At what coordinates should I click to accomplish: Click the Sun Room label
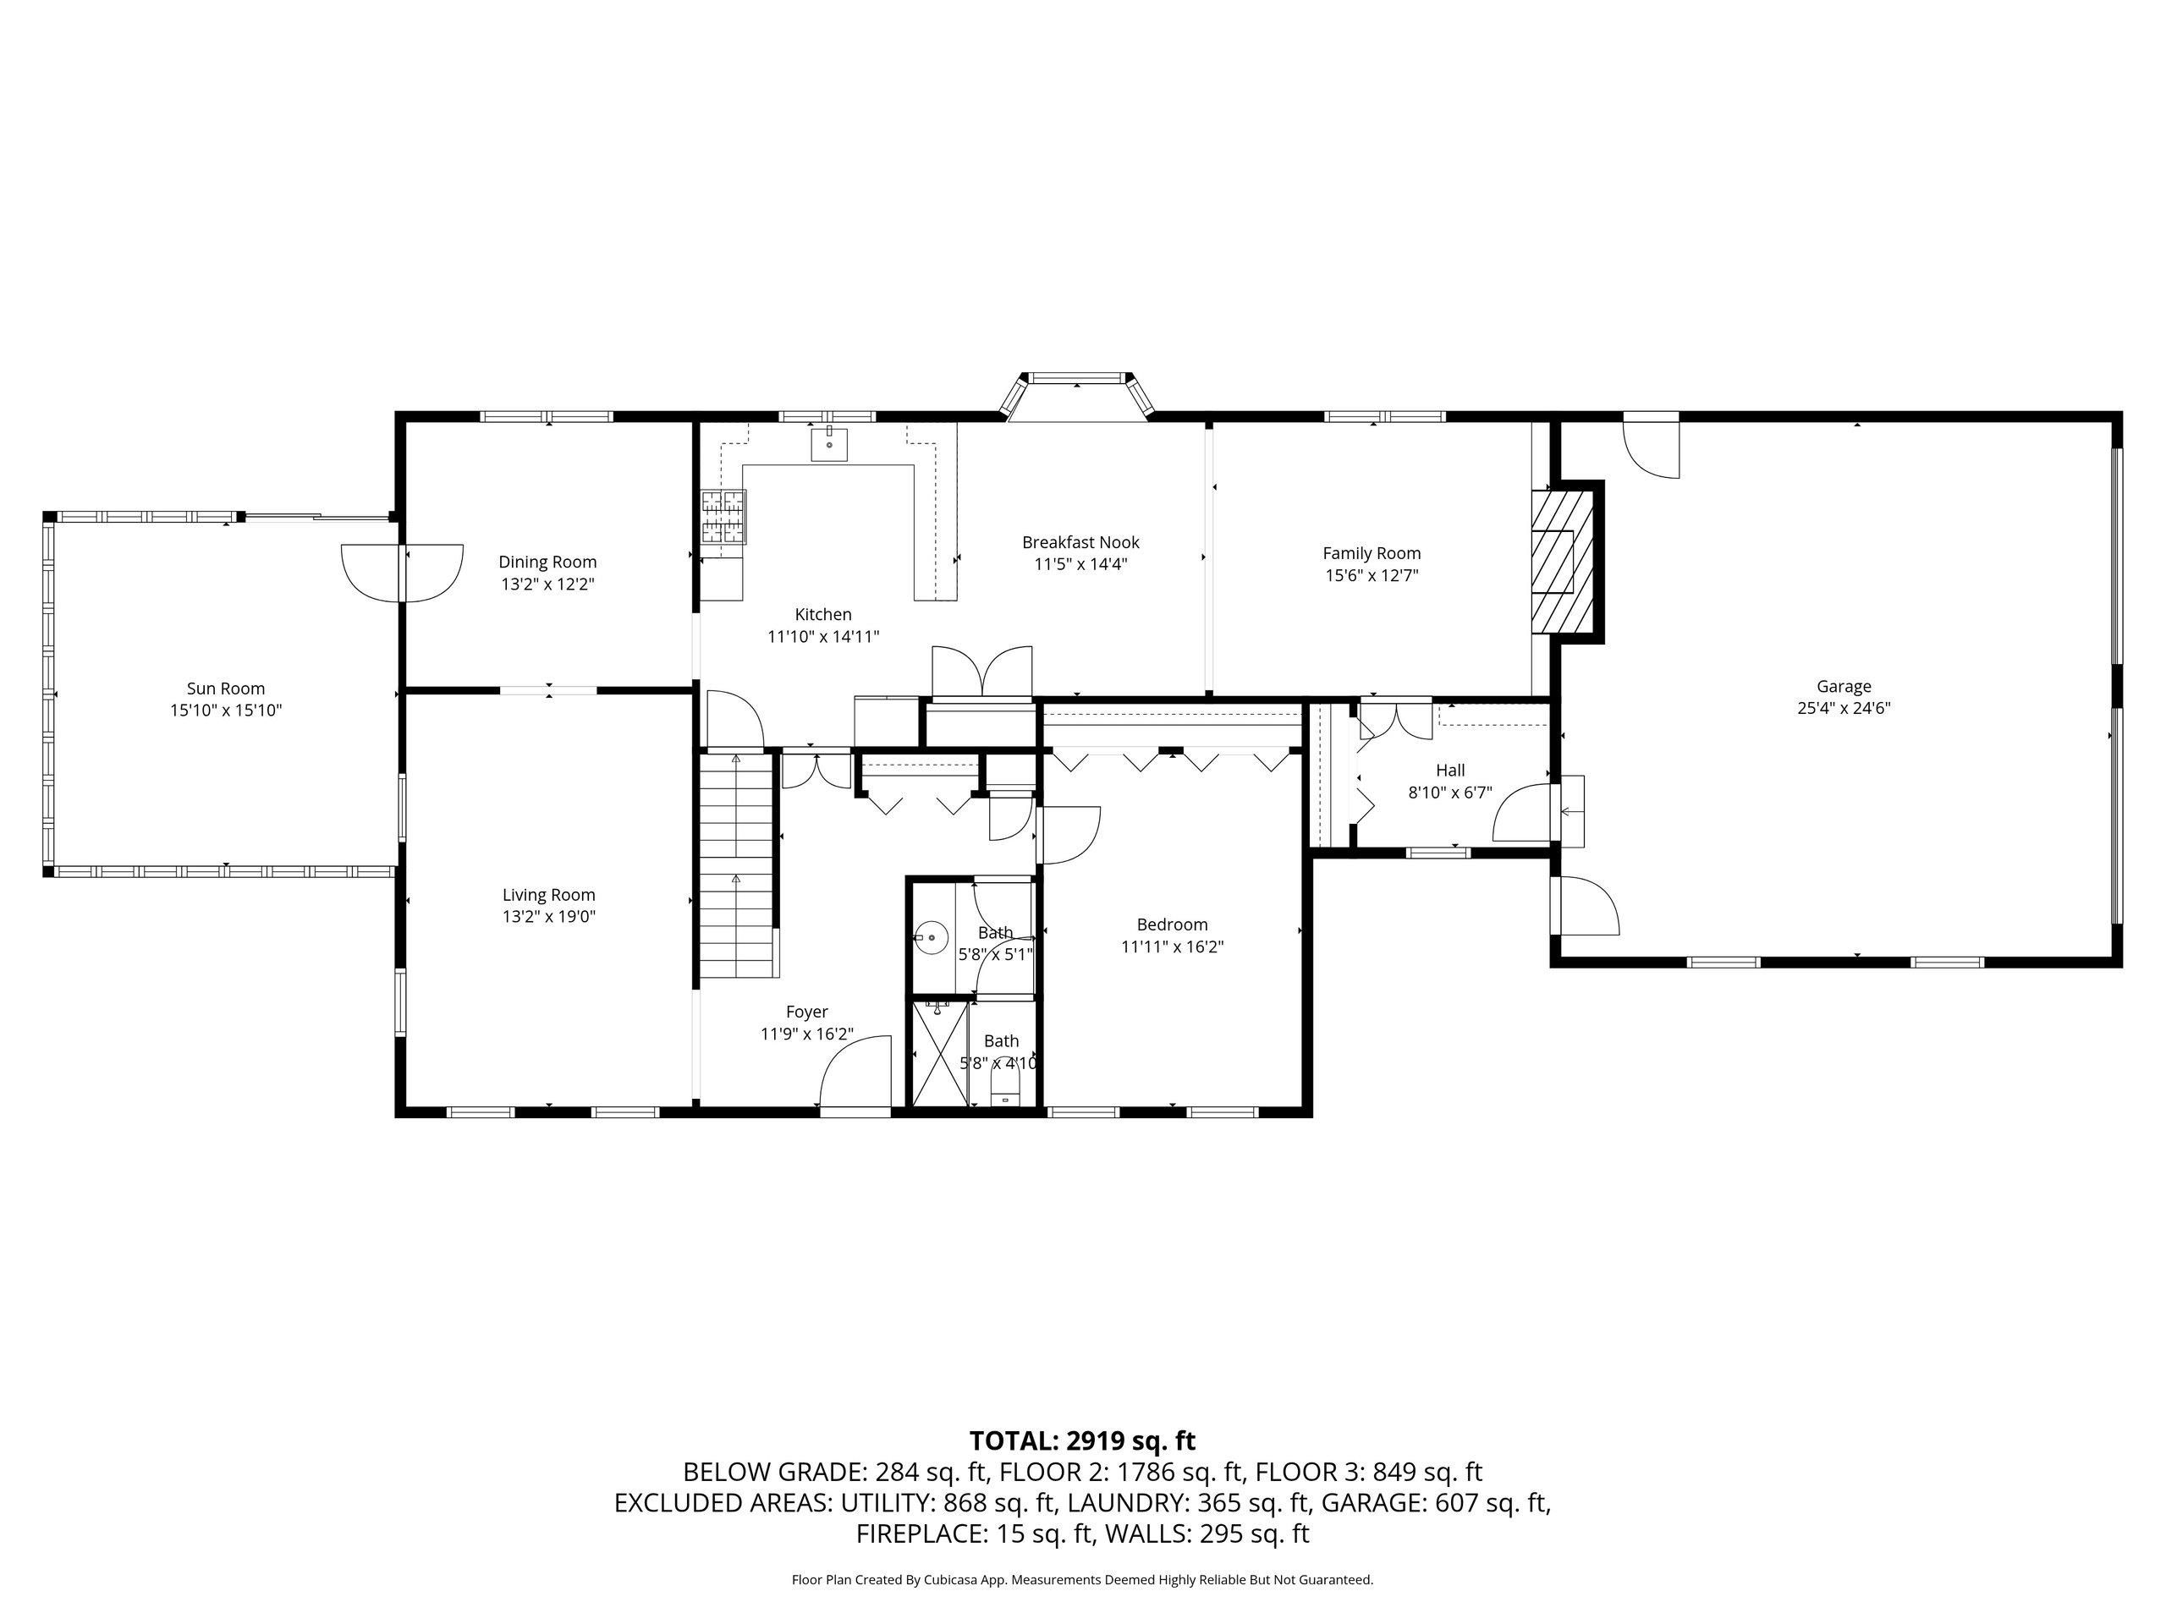point(225,689)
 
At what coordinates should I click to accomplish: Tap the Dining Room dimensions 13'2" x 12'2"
point(547,584)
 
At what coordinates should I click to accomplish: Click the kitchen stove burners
point(723,517)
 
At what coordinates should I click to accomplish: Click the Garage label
point(1844,687)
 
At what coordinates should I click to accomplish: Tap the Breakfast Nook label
point(1081,542)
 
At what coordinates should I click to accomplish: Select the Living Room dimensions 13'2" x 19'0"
point(548,917)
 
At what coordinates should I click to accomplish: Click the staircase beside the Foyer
point(739,865)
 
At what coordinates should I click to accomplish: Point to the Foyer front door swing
point(855,1073)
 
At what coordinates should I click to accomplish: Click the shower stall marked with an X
point(940,1054)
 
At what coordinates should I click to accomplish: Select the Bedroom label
point(1172,925)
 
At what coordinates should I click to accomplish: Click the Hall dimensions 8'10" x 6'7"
point(1450,793)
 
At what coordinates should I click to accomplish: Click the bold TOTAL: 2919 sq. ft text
point(1082,1441)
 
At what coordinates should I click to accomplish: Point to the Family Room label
point(1372,554)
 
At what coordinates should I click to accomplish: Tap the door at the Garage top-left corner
point(1652,447)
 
